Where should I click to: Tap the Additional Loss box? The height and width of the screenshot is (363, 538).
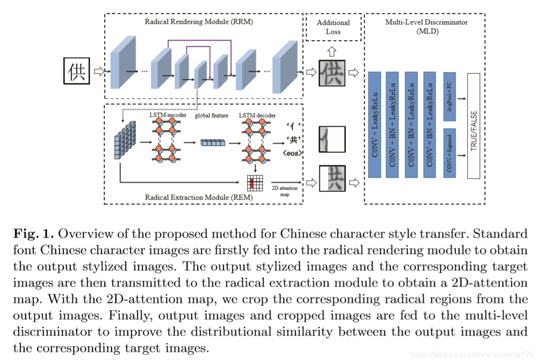(x=333, y=27)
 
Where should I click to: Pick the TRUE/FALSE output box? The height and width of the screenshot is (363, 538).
(x=473, y=126)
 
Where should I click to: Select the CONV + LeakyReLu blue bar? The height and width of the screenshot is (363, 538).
(x=375, y=125)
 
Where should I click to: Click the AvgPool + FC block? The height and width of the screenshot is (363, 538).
(x=449, y=96)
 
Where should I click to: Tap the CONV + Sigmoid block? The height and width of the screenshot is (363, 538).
(x=449, y=152)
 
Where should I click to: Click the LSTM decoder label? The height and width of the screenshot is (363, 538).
(x=258, y=115)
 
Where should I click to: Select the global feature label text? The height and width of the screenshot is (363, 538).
(x=212, y=115)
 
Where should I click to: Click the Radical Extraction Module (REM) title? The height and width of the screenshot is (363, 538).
(x=199, y=197)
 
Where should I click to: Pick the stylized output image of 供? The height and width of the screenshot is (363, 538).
(x=332, y=73)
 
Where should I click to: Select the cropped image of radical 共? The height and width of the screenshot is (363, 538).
(x=332, y=178)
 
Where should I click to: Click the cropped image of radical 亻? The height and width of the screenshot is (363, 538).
(x=332, y=139)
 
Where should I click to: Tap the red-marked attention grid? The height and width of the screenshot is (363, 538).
(x=254, y=183)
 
